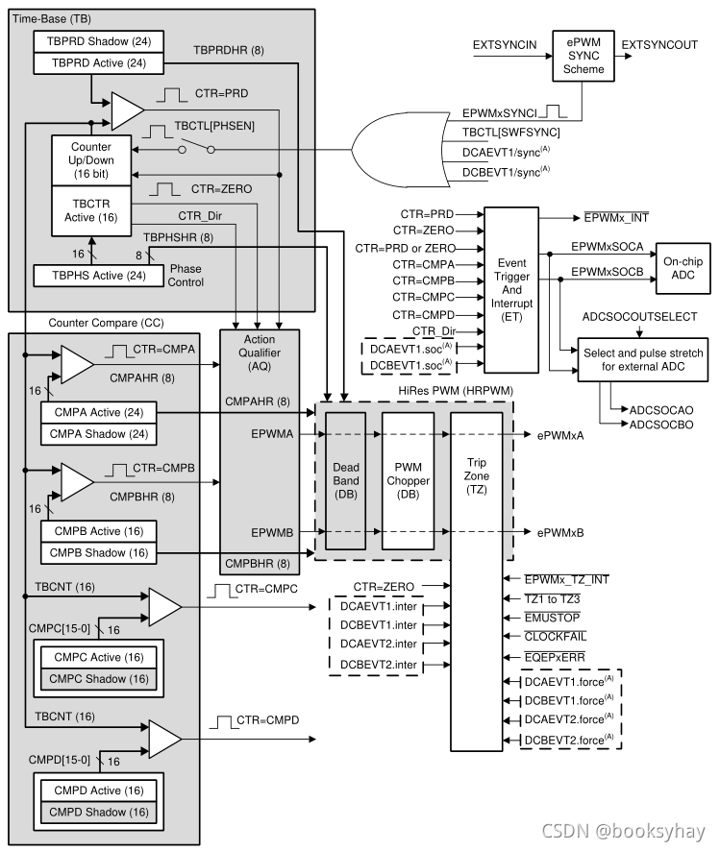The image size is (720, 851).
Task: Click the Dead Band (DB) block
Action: pos(346,480)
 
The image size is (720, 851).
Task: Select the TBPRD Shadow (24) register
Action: pos(98,41)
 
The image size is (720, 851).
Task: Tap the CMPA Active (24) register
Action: pos(98,412)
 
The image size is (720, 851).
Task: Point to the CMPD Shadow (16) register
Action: pos(98,813)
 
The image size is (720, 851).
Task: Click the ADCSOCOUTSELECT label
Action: pos(639,317)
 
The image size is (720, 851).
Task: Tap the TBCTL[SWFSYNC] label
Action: pos(510,131)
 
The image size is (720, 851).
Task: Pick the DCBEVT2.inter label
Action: pos(379,664)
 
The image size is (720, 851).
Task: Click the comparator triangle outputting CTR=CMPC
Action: pos(164,607)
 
